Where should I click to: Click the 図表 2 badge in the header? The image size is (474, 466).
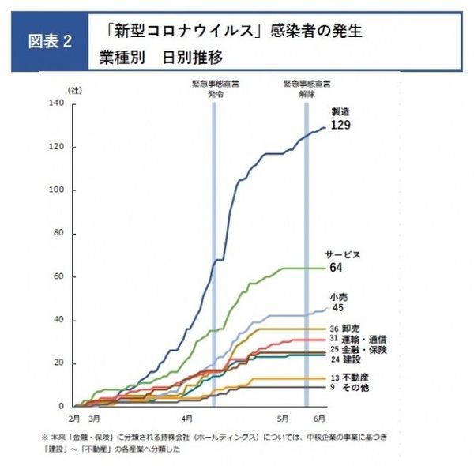pyautogui.click(x=51, y=42)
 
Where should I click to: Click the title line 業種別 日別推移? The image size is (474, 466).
pyautogui.click(x=161, y=58)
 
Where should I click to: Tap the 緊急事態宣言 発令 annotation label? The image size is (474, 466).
pyautogui.click(x=215, y=88)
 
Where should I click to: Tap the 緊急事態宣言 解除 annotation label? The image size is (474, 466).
pyautogui.click(x=307, y=88)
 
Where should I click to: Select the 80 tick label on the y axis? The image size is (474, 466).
pyautogui.click(x=58, y=234)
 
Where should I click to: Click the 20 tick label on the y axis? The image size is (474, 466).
pyautogui.click(x=58, y=363)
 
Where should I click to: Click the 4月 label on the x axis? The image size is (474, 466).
pyautogui.click(x=187, y=417)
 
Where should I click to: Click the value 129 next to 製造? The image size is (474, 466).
pyautogui.click(x=340, y=126)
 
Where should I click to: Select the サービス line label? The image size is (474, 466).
pyautogui.click(x=343, y=254)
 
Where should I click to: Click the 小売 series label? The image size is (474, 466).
pyautogui.click(x=338, y=296)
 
